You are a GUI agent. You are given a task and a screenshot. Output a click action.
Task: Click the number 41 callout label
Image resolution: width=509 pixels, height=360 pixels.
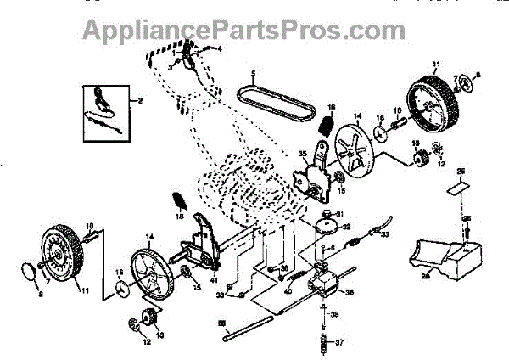(214, 280)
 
